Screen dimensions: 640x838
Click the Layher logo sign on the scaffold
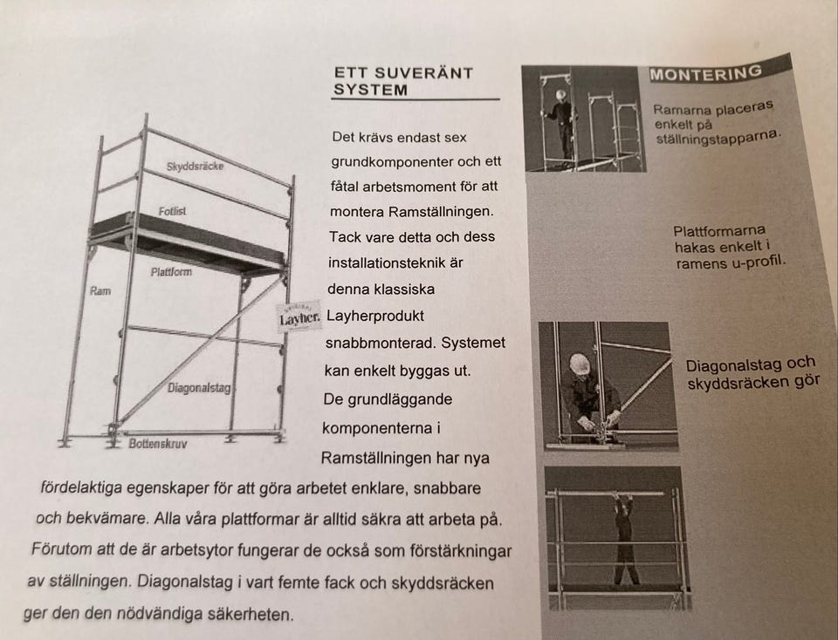[x=300, y=317]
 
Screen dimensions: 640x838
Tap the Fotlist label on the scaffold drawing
[x=173, y=211]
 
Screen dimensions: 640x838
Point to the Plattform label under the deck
[x=170, y=272]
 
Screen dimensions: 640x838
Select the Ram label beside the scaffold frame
[x=100, y=290]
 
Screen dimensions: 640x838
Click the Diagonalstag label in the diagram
[x=199, y=387]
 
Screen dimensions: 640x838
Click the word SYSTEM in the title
[x=370, y=90]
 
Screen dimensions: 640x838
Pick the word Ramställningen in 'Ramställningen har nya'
[x=377, y=458]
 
